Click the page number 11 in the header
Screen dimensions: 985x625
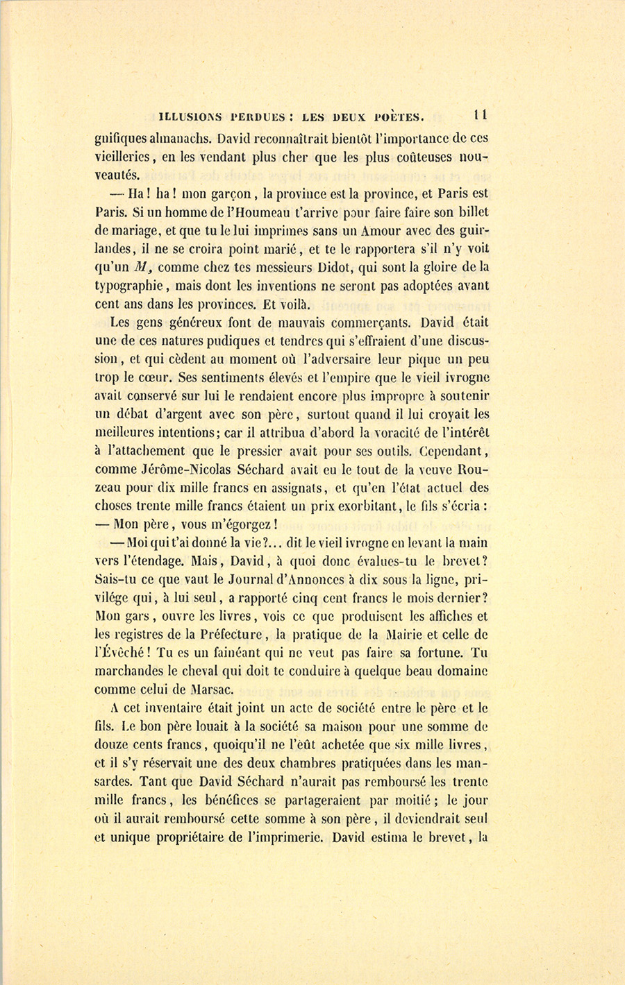(x=479, y=115)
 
